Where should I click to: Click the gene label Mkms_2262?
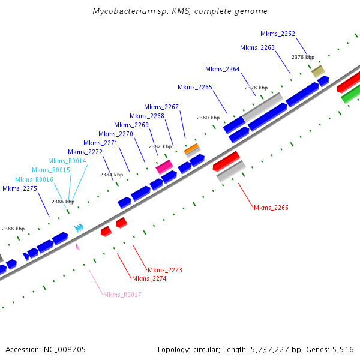click(278, 34)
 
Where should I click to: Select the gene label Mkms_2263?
click(257, 47)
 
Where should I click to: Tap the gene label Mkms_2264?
click(223, 69)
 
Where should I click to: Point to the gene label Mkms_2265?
click(195, 87)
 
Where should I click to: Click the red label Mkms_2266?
click(271, 208)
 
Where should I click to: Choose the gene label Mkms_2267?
click(161, 107)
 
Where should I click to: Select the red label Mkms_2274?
click(149, 278)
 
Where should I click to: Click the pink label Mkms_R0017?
click(122, 295)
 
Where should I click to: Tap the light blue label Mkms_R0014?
click(67, 161)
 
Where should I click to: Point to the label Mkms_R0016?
click(34, 179)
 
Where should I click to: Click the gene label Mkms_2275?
click(20, 188)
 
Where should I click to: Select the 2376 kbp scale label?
click(303, 57)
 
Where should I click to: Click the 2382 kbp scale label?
click(160, 146)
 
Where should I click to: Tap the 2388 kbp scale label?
click(13, 229)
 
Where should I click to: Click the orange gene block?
click(191, 148)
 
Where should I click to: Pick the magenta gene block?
click(164, 166)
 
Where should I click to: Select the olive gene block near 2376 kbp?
click(318, 71)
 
